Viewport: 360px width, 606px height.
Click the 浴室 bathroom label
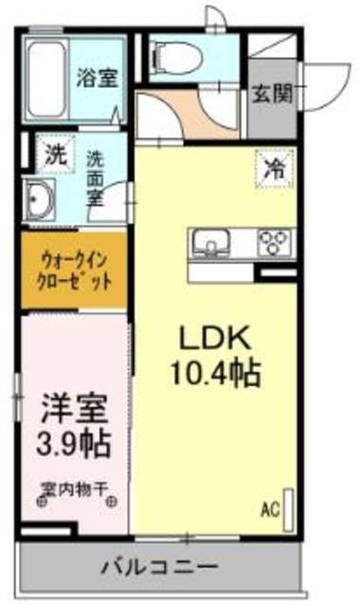click(x=97, y=78)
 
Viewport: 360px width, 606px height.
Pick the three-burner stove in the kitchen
click(x=272, y=244)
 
